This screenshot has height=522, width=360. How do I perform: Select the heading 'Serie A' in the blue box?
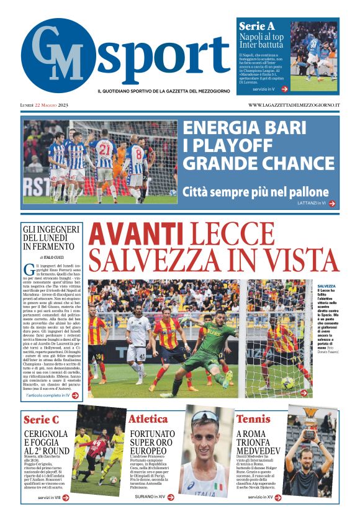tap(256, 26)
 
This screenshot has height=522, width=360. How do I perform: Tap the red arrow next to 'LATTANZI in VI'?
tap(332, 203)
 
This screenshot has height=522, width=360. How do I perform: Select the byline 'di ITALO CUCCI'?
tap(52, 256)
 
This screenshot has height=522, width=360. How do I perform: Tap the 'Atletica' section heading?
tap(148, 419)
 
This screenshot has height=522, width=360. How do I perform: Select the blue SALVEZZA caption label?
tap(326, 286)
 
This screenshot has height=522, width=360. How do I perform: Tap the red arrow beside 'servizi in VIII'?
tap(66, 497)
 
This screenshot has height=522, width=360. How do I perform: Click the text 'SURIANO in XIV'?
tap(150, 497)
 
